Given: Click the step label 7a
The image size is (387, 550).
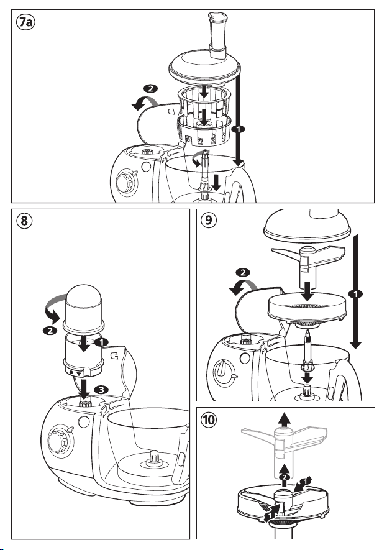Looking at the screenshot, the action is click(25, 22).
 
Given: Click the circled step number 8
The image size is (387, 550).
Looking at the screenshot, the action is click(24, 221).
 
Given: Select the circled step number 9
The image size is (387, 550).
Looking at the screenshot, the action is click(209, 220).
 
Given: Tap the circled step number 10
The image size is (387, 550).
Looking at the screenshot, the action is click(209, 419).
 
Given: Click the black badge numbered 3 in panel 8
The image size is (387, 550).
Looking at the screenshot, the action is click(101, 389).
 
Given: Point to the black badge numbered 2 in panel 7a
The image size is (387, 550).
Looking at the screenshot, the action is click(151, 89).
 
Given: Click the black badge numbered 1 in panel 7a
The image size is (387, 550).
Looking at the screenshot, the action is click(239, 129).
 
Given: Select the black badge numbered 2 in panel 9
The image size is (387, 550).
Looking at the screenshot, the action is click(243, 273).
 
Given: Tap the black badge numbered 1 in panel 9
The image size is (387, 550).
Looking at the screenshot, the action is click(356, 293).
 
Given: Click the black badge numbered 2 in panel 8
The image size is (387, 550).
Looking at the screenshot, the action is click(50, 331).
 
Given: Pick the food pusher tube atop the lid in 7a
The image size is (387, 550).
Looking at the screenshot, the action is click(217, 35).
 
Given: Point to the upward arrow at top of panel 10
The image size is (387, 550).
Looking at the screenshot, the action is click(285, 419).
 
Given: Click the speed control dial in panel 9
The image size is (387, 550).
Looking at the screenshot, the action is click(222, 372).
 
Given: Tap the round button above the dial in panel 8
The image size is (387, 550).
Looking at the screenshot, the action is click(84, 421).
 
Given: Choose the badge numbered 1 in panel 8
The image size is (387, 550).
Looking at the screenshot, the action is click(101, 342).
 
